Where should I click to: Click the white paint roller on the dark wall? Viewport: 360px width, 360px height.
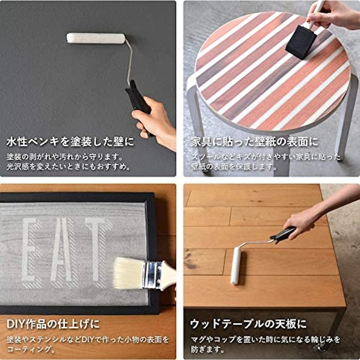[96, 38]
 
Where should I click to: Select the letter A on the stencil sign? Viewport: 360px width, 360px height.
[62, 250]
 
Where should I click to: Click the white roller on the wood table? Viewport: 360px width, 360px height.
[235, 266]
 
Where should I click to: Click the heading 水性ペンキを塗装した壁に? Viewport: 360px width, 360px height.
[70, 142]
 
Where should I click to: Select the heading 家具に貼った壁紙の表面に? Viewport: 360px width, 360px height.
[255, 142]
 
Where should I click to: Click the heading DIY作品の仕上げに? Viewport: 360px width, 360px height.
[53, 324]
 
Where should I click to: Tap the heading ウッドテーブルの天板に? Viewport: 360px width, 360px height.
[249, 324]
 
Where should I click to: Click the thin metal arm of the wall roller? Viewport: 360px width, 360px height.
[130, 61]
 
